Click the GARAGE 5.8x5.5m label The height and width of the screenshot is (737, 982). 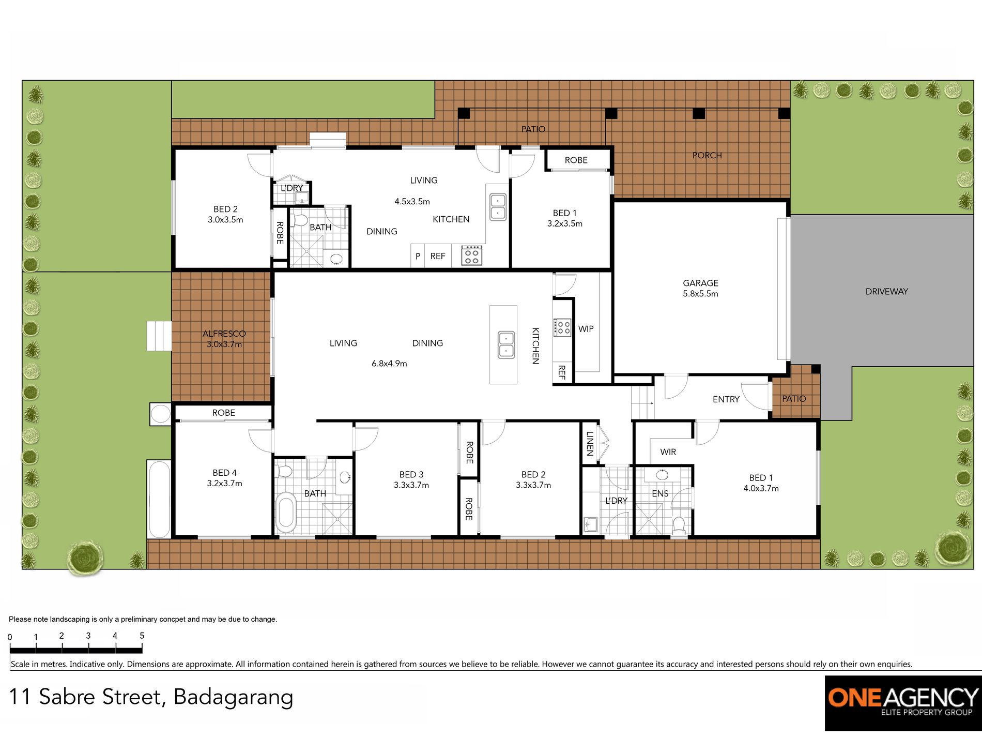(700, 288)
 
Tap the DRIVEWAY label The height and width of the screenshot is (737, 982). (886, 291)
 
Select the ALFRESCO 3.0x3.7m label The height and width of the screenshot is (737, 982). (224, 339)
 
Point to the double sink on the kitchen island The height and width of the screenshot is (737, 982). (505, 345)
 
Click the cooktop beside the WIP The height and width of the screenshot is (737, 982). (562, 327)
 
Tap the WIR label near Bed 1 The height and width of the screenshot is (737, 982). (668, 452)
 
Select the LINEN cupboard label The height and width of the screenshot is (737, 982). (590, 443)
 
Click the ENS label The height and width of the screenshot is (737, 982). (660, 493)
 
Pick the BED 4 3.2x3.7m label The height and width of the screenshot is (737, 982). (224, 478)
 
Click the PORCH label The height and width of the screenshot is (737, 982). (707, 155)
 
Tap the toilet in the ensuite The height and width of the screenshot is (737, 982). (679, 525)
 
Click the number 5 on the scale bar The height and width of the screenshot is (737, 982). (142, 636)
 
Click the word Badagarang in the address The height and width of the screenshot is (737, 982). (233, 697)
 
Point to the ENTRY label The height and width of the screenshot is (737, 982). (726, 399)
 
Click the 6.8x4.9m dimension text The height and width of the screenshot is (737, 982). (389, 364)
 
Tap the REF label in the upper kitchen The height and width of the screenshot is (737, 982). (437, 256)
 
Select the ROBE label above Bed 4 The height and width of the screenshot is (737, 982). (223, 413)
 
